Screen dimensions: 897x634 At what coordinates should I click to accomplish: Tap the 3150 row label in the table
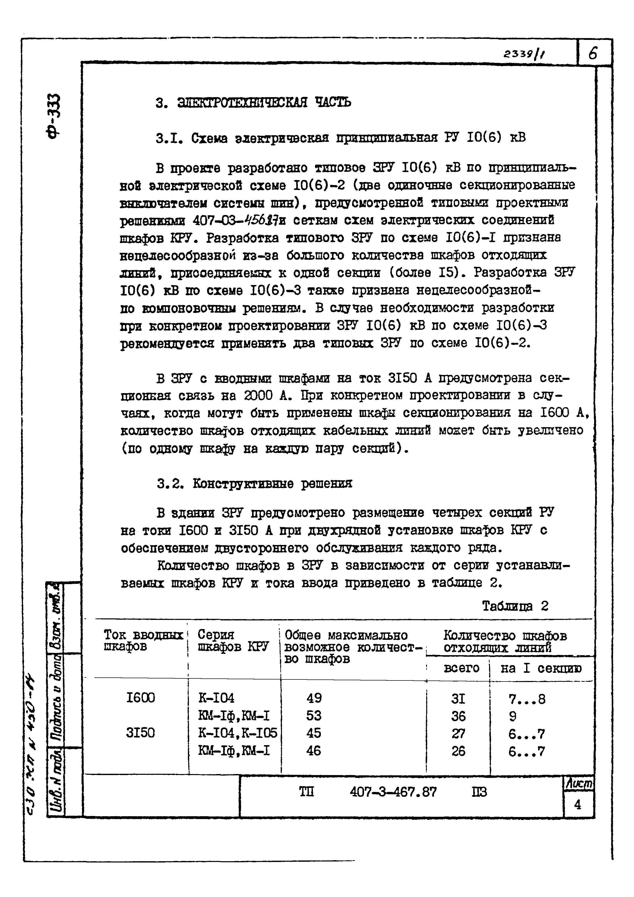coord(140,733)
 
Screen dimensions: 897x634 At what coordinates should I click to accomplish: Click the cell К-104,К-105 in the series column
coord(237,733)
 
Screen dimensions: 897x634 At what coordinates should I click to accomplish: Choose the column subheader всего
coord(461,668)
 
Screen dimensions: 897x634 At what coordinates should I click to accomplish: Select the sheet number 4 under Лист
coord(577,804)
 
